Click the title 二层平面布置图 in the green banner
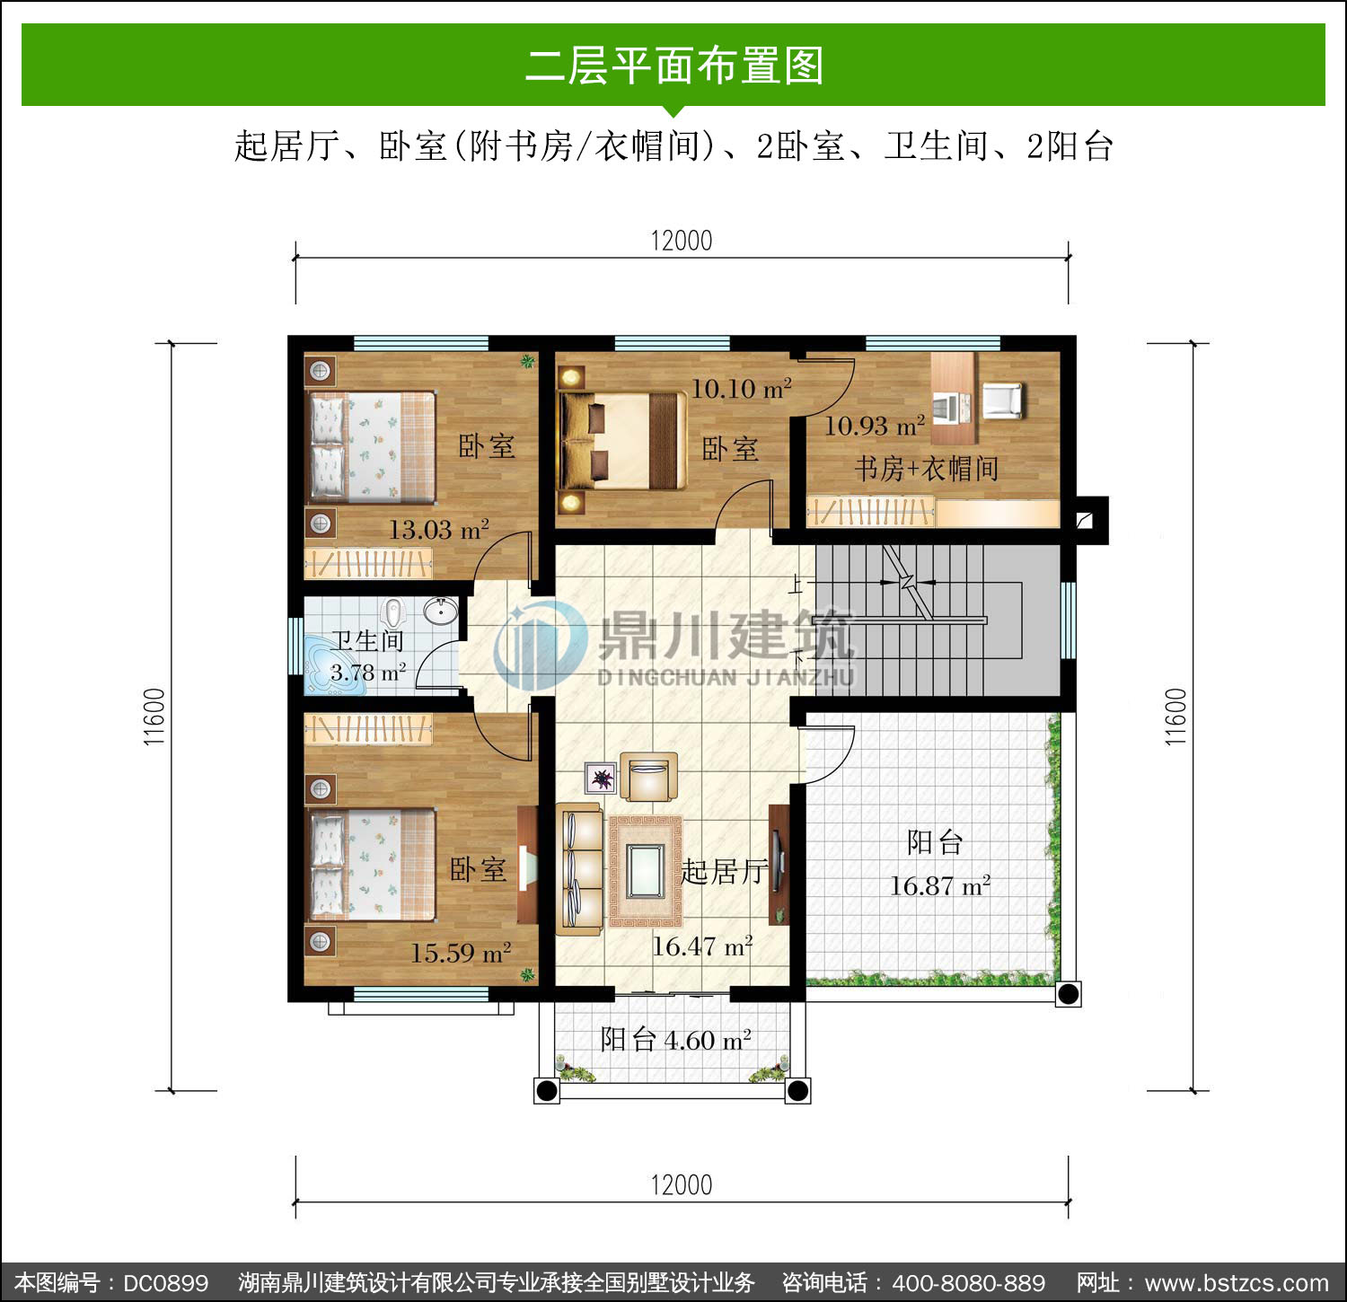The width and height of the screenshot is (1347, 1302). pyautogui.click(x=673, y=66)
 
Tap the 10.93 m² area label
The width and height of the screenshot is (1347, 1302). pyautogui.click(x=875, y=426)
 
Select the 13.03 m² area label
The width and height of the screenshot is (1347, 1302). pyautogui.click(x=438, y=530)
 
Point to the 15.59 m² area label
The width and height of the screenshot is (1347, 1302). pyautogui.click(x=461, y=953)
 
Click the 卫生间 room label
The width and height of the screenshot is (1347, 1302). pyautogui.click(x=367, y=641)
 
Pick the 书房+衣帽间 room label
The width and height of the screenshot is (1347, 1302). pyautogui.click(x=926, y=469)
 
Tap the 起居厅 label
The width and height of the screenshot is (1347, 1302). pyautogui.click(x=724, y=871)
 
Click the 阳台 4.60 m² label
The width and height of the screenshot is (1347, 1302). pyautogui.click(x=675, y=1040)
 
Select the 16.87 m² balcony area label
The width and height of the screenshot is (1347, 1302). pyautogui.click(x=939, y=886)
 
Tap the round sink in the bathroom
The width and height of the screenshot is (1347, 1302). pyautogui.click(x=440, y=611)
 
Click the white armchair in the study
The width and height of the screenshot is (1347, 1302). pyautogui.click(x=1003, y=400)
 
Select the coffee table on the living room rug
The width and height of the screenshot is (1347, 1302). pyautogui.click(x=646, y=871)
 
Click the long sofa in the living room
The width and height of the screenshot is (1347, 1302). pyautogui.click(x=579, y=869)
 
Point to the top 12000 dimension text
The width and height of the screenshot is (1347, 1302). pyautogui.click(x=682, y=241)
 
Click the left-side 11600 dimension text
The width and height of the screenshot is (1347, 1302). pyautogui.click(x=154, y=717)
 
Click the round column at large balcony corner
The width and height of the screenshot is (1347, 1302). pyautogui.click(x=1068, y=994)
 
